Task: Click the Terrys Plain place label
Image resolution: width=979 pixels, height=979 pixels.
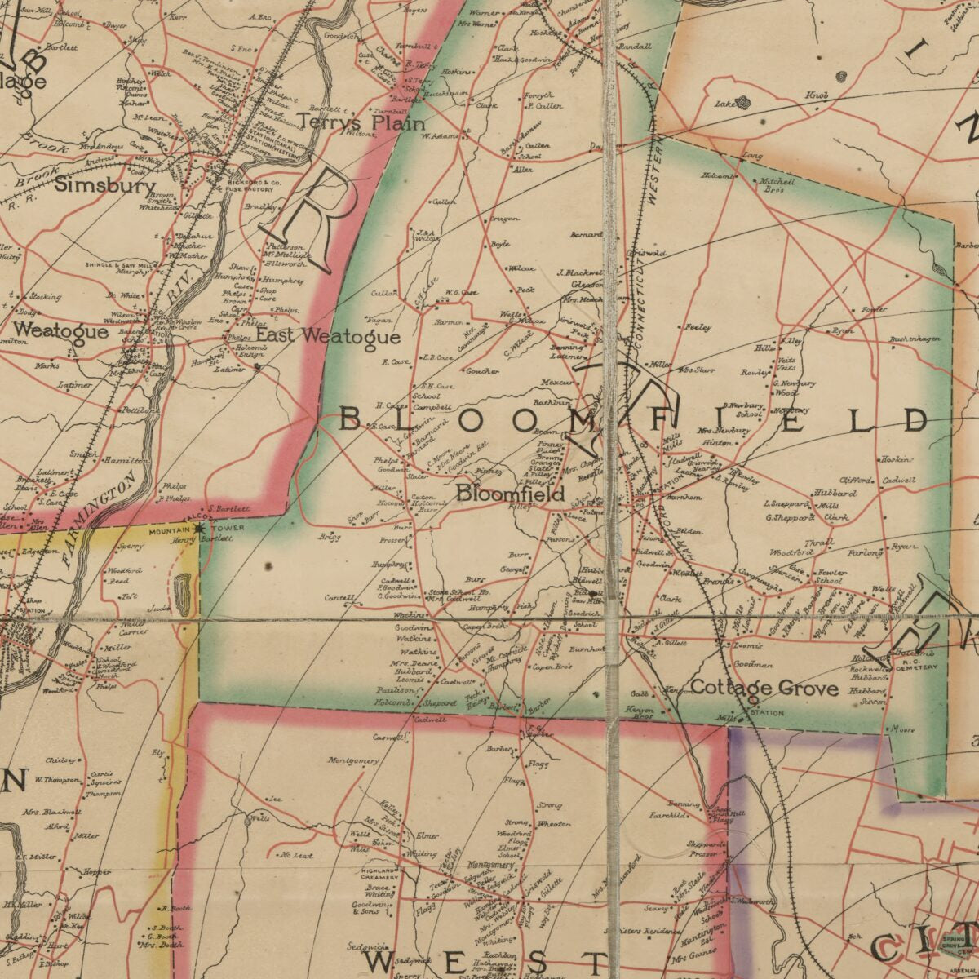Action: click(x=361, y=122)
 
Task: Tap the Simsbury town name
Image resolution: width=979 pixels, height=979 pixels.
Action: click(x=105, y=185)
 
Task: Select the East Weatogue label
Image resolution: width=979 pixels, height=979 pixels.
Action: click(x=328, y=336)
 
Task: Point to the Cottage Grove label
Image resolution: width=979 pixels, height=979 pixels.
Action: click(x=764, y=688)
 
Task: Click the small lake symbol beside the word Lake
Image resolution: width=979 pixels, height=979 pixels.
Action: click(x=742, y=103)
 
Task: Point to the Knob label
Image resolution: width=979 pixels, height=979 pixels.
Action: click(x=817, y=96)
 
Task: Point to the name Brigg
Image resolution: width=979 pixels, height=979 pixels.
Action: click(x=330, y=537)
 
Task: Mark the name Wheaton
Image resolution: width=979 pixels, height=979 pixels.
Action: click(x=554, y=824)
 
